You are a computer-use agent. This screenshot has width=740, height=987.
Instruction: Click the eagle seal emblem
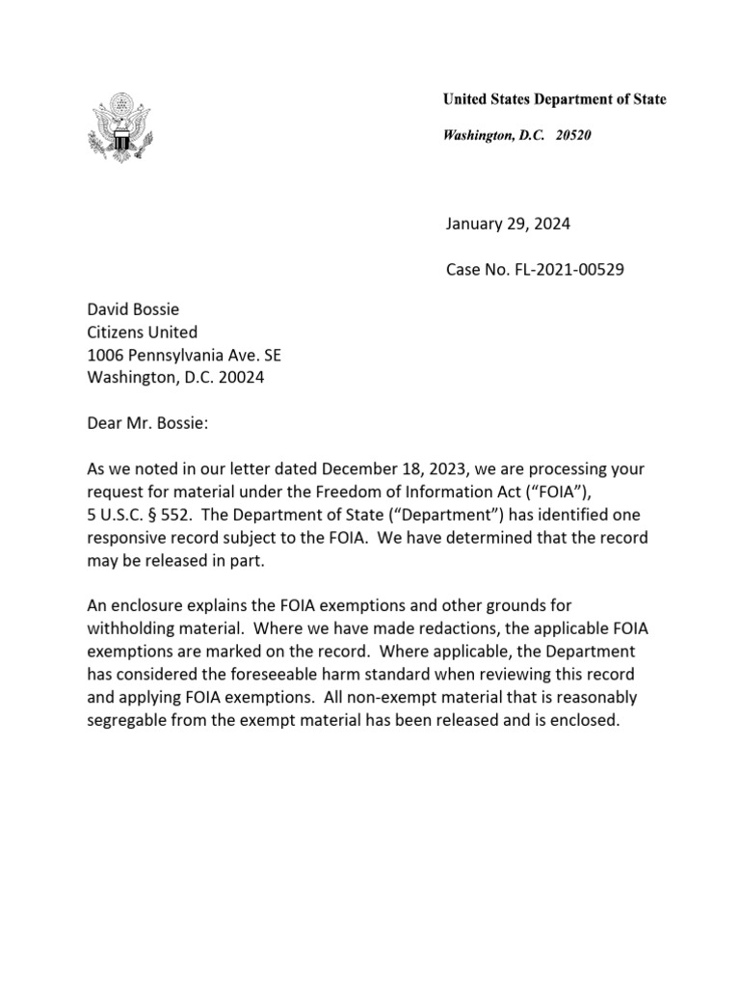[x=121, y=125]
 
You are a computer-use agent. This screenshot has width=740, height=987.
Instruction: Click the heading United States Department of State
[x=554, y=99]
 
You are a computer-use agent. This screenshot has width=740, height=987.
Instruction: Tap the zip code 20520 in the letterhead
[x=573, y=136]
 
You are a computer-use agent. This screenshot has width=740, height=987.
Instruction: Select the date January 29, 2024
[x=508, y=225]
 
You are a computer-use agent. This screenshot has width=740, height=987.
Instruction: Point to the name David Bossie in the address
[x=133, y=309]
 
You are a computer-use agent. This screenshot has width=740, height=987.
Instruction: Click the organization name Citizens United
[x=143, y=333]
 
